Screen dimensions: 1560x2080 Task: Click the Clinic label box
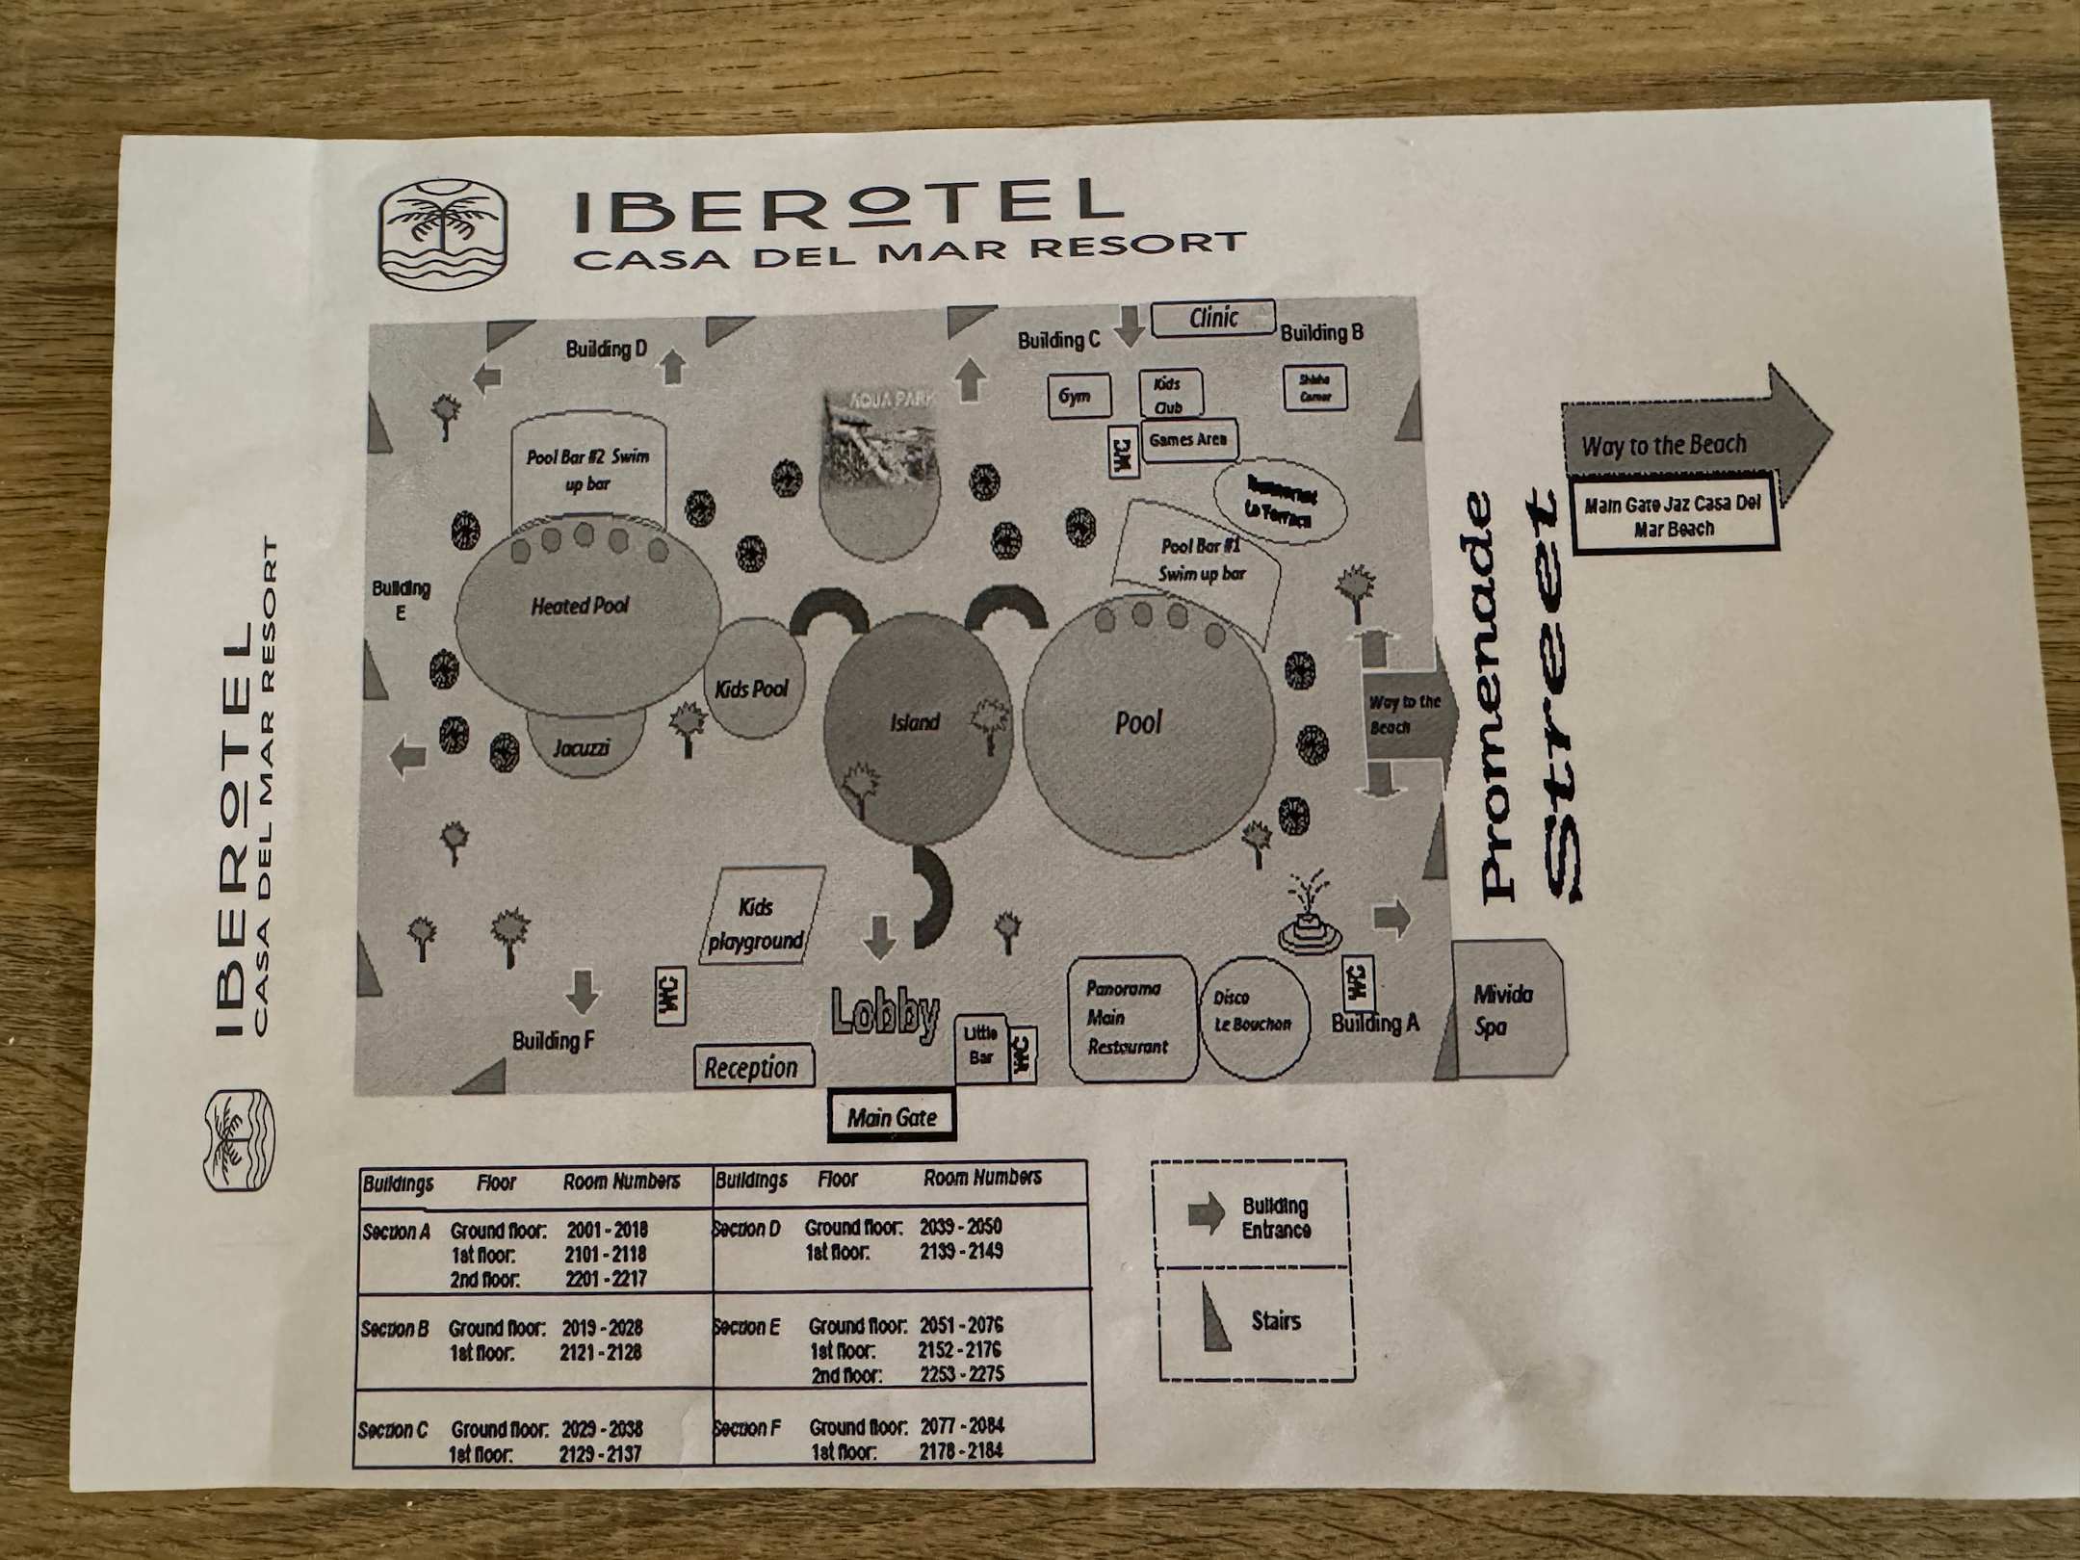[x=1212, y=318]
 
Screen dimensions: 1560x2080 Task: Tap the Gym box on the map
[x=1078, y=396]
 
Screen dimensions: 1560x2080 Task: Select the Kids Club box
[x=1169, y=395]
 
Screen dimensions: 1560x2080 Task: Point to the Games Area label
[x=1188, y=440]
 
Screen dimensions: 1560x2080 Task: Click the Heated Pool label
[x=580, y=606]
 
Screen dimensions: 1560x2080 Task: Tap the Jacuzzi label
[x=582, y=747]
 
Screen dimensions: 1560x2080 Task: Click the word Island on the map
[x=915, y=722]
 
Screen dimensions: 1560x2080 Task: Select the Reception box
[x=752, y=1068]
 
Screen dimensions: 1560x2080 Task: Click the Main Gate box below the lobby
[x=892, y=1117]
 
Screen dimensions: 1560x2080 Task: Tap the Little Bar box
[x=980, y=1046]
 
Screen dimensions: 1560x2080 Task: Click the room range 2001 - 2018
[x=607, y=1230]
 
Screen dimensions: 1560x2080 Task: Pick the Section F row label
[x=747, y=1427]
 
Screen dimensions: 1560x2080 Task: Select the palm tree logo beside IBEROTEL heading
[x=443, y=233]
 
